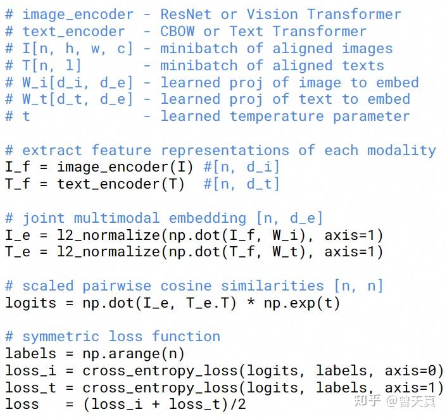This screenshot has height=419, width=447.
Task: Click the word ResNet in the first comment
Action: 186,15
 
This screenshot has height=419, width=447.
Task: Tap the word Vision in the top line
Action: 272,15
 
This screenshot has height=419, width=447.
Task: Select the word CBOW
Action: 177,32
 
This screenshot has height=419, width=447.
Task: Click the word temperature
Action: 277,116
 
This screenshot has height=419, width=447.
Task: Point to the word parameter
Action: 372,116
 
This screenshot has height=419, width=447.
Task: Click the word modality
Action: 401,151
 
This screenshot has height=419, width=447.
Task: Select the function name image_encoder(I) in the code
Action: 125,167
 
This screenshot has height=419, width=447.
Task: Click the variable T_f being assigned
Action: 17,184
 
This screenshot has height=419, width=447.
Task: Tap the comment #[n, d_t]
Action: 241,184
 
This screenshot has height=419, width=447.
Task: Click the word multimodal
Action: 116,218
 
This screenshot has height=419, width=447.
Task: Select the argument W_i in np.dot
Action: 285,235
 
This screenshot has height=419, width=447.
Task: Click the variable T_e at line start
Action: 17,253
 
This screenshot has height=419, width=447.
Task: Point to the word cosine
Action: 186,286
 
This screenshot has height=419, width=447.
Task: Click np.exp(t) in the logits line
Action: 302,303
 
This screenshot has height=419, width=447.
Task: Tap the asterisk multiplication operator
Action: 251,302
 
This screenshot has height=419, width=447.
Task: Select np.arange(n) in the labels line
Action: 134,354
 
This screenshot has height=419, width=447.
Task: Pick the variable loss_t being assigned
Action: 30,388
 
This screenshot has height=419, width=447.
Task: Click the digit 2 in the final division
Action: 242,404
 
